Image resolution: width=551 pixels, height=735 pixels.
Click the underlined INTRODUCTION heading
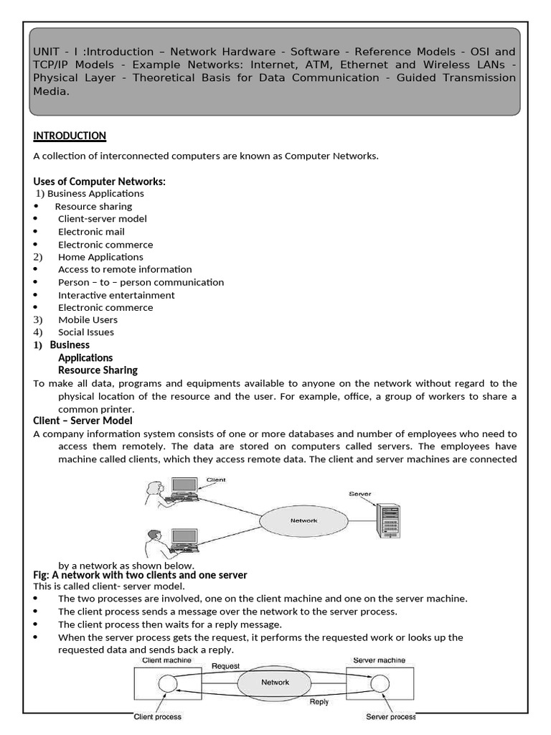pos(70,136)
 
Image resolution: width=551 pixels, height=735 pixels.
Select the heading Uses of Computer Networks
pos(99,182)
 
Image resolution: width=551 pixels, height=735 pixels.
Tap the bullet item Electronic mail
pos(91,231)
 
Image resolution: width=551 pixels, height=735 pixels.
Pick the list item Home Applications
pos(100,257)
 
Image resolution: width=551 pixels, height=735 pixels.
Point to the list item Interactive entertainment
pos(116,295)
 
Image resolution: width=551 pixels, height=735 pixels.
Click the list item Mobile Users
pos(88,320)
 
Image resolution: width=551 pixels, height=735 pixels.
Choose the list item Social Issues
pos(85,332)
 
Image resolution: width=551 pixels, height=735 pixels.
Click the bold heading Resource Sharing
pos(98,370)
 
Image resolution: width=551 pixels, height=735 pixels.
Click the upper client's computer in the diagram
pos(184,489)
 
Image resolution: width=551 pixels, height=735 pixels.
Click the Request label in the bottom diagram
pos(225,665)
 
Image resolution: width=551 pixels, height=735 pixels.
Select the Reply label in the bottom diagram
pos(319,702)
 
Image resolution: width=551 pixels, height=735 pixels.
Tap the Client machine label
pos(166,660)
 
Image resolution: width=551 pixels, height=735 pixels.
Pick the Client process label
pos(157,716)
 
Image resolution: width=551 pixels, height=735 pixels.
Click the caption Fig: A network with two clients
pos(140,575)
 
